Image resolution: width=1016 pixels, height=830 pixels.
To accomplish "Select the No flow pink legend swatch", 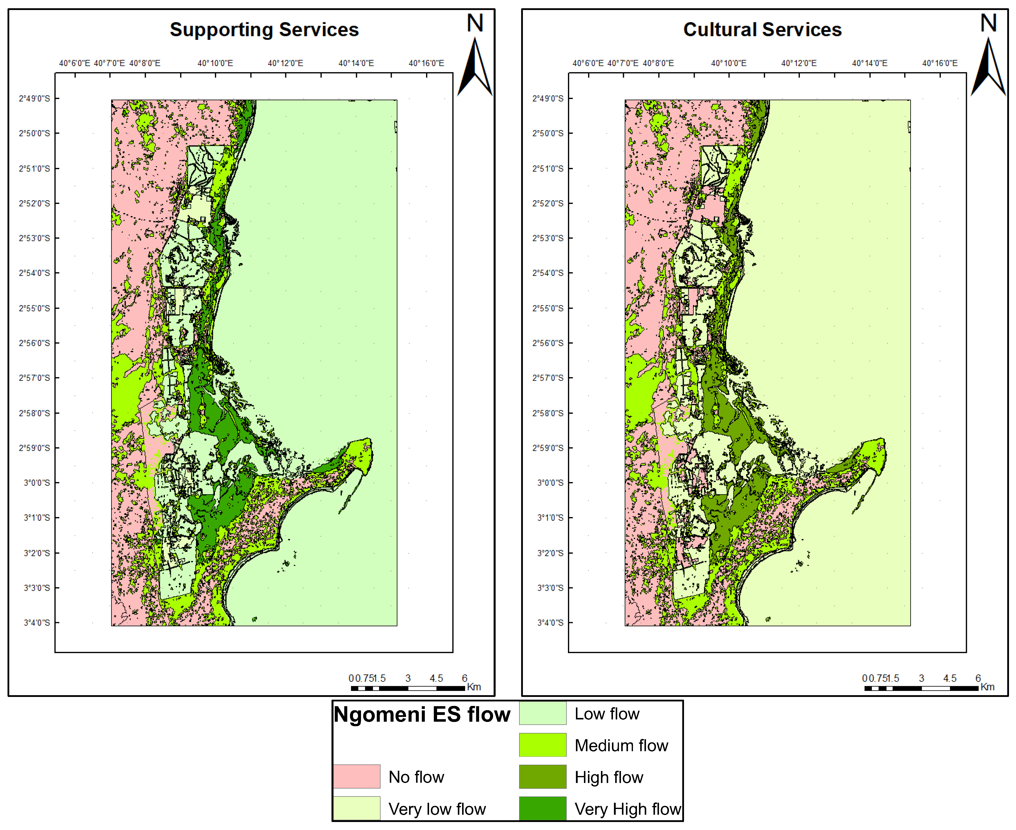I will tap(357, 776).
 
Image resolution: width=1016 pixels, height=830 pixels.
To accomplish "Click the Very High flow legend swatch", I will tap(543, 808).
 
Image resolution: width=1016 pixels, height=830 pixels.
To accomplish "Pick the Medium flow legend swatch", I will tap(543, 745).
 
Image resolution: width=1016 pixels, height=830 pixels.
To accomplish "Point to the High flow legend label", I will tap(609, 777).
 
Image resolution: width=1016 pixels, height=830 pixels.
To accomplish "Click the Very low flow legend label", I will tap(437, 809).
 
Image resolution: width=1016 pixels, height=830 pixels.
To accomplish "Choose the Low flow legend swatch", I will tap(543, 713).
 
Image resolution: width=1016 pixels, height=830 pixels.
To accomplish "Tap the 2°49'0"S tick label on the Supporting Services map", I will tap(35, 99).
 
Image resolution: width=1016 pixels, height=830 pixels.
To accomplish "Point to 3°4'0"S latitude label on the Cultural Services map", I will tap(550, 622).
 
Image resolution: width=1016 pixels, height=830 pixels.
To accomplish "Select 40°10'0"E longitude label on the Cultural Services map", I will tap(729, 63).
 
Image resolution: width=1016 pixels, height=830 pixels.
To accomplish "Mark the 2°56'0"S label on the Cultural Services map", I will tap(548, 343).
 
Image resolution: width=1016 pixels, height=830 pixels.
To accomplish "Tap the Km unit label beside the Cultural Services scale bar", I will tap(987, 687).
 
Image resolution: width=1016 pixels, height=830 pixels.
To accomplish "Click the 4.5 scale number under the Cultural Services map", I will tap(949, 678).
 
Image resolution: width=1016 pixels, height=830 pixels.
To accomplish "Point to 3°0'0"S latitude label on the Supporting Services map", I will tap(37, 483).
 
